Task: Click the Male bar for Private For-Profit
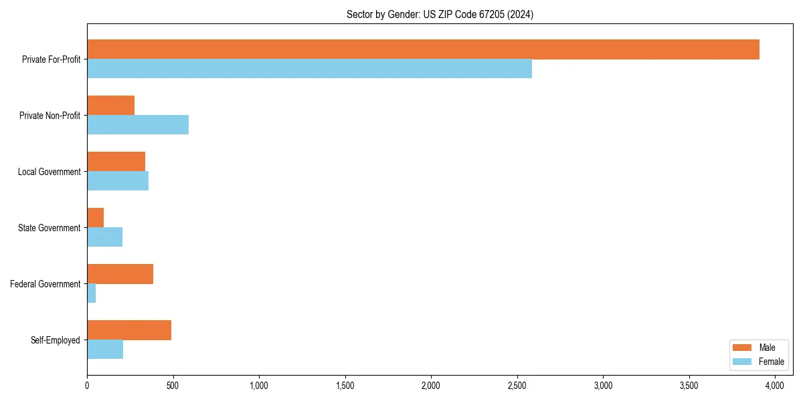[423, 49]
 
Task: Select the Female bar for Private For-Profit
[309, 69]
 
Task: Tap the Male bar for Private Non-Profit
[110, 106]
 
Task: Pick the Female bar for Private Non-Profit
[138, 125]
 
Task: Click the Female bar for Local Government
[118, 181]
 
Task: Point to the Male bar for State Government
[95, 218]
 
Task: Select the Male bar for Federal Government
[120, 274]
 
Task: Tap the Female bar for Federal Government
[91, 293]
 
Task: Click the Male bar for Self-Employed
[129, 330]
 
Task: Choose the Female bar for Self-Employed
[105, 350]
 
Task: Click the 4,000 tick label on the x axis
[775, 386]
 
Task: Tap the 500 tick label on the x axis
[173, 386]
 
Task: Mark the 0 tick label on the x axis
[87, 386]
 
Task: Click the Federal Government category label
[46, 284]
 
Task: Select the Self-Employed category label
[56, 340]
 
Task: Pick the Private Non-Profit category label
[50, 116]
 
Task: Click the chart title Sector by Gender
[440, 14]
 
